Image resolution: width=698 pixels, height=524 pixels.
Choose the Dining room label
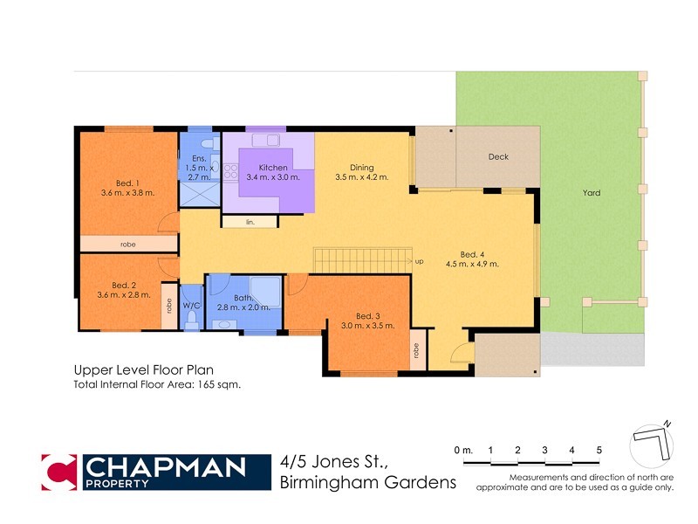point(361,167)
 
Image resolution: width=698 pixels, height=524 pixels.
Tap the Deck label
point(498,157)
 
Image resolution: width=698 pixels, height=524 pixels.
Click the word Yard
point(591,193)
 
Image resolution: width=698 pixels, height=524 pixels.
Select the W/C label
point(191,305)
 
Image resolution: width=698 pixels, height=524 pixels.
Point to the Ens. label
point(198,158)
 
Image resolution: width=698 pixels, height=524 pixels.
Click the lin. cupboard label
point(250,222)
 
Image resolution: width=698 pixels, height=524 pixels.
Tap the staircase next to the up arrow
point(361,260)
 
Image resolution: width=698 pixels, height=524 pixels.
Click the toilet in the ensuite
point(206,141)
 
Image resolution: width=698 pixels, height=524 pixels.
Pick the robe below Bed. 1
point(128,244)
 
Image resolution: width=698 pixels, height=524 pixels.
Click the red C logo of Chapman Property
point(60,472)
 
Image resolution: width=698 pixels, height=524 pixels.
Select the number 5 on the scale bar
point(599,450)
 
